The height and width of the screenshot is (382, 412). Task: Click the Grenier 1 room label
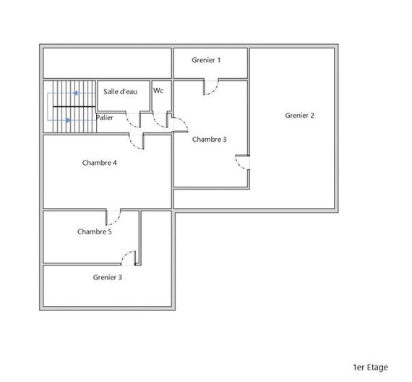(x=206, y=60)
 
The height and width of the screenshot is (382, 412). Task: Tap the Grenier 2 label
(x=299, y=116)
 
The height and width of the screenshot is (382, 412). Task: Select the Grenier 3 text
(x=108, y=277)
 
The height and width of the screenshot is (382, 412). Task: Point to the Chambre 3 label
(x=209, y=139)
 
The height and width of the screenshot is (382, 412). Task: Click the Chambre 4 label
(x=99, y=163)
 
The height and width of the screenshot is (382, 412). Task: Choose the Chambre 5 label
(x=95, y=232)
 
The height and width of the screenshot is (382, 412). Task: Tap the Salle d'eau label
(x=120, y=92)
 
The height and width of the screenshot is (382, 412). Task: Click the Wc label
(x=158, y=90)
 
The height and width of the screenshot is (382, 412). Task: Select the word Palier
(x=105, y=118)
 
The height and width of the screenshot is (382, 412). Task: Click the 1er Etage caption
(x=371, y=368)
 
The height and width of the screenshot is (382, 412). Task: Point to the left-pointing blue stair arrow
(x=75, y=93)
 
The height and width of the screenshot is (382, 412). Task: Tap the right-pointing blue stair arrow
(x=69, y=120)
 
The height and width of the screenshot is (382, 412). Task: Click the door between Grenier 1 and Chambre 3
(x=211, y=87)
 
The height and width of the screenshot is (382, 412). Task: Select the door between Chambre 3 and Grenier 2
(x=242, y=163)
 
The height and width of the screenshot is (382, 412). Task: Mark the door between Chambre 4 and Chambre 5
(x=113, y=217)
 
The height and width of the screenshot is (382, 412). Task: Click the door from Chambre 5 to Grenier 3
(x=128, y=258)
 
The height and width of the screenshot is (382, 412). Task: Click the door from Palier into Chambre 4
(x=137, y=142)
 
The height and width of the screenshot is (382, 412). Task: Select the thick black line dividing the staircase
(x=74, y=106)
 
